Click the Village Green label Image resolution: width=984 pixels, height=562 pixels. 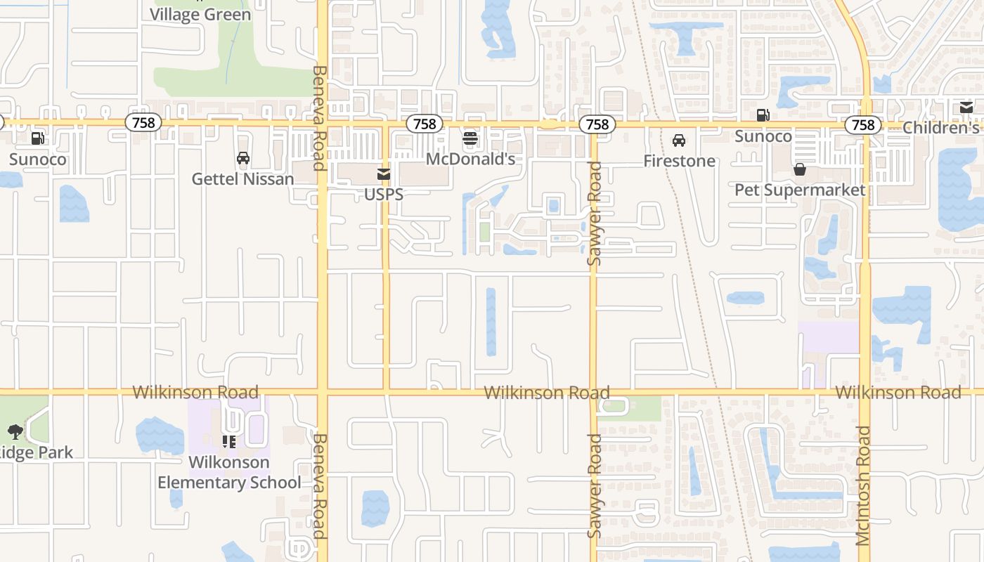click(x=200, y=14)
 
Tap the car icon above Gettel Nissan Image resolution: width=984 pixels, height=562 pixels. click(x=243, y=158)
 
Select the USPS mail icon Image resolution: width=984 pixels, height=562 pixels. click(x=384, y=174)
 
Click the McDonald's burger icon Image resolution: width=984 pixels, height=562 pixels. click(x=470, y=138)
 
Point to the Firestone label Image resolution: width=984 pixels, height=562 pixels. click(x=679, y=161)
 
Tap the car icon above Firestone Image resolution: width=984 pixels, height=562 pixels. click(x=679, y=140)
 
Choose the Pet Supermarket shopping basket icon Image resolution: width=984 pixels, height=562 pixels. click(x=800, y=169)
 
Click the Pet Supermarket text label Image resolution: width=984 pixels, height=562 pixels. click(x=800, y=190)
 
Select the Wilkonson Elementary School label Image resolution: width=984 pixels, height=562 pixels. click(x=229, y=472)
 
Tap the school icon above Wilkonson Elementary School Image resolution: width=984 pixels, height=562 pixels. click(x=229, y=442)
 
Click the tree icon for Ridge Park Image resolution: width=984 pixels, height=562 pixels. click(x=15, y=431)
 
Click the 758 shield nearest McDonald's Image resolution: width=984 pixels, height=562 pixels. click(x=425, y=124)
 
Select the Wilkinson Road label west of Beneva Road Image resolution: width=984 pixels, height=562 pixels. click(x=195, y=392)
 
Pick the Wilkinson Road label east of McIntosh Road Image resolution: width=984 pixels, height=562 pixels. click(x=898, y=392)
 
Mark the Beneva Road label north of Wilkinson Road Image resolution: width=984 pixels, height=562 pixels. click(x=318, y=118)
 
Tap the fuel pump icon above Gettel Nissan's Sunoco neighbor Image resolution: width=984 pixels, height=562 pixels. click(x=38, y=138)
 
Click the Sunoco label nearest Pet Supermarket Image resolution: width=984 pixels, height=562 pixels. click(x=763, y=136)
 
